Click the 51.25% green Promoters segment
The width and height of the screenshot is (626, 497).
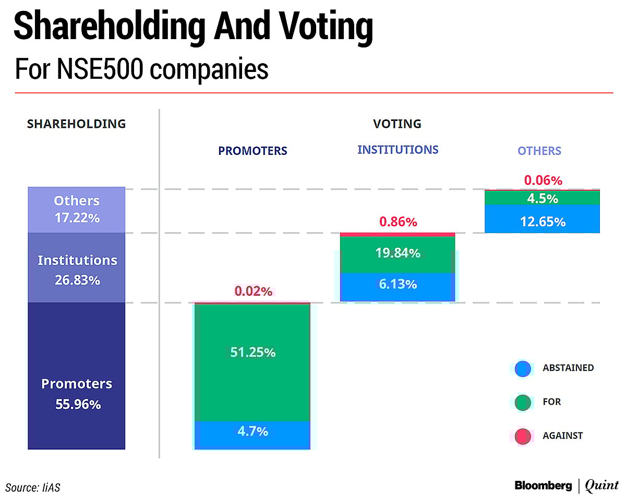[x=252, y=362]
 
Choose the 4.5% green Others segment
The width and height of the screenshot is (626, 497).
[x=542, y=198]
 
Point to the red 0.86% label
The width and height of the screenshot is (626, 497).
[x=398, y=222]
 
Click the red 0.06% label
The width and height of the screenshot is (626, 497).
[x=543, y=180]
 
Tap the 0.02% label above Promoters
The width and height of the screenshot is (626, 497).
[x=253, y=292]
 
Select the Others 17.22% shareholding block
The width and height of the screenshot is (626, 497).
[x=76, y=210]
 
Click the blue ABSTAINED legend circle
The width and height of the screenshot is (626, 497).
[x=523, y=369]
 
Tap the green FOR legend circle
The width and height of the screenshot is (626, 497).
[x=523, y=403]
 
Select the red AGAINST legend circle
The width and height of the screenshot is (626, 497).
[x=523, y=437]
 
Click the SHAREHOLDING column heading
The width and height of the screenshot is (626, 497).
[x=76, y=124]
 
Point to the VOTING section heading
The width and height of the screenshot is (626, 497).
[x=397, y=124]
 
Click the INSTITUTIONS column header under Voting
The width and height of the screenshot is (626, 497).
[x=398, y=150]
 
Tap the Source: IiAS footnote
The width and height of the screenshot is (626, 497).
[x=37, y=488]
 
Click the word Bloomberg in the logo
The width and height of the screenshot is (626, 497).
[x=543, y=486]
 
